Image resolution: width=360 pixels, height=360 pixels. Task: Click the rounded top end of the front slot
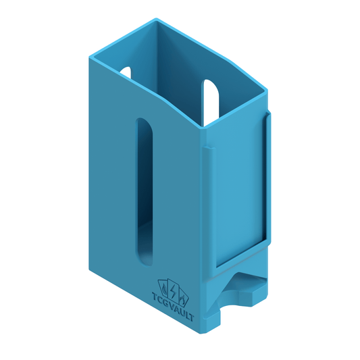[144, 125]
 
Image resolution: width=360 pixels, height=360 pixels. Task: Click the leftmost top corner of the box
[88, 58]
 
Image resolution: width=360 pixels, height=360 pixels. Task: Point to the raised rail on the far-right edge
[268, 176]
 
